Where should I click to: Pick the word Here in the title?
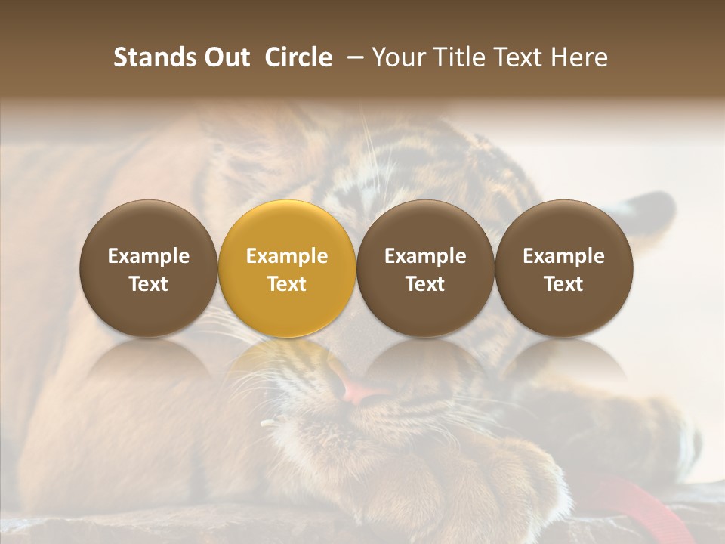click(x=580, y=57)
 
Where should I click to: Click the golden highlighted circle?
click(x=287, y=268)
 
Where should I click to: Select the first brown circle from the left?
click(x=149, y=268)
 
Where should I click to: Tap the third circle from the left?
click(x=425, y=268)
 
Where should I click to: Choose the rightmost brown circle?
click(x=563, y=268)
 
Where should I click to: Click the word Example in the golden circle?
click(x=287, y=256)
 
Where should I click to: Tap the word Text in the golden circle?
click(x=287, y=284)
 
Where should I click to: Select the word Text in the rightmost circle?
click(x=563, y=284)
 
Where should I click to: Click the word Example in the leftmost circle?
click(x=149, y=256)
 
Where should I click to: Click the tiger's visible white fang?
click(x=268, y=423)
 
